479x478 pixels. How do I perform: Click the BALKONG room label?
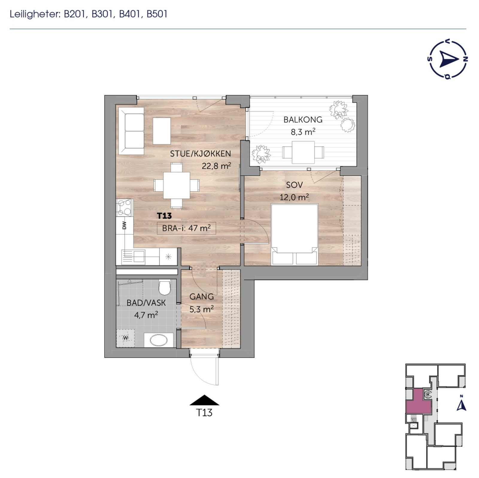pos(303,120)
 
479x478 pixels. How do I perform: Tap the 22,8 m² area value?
pos(216,166)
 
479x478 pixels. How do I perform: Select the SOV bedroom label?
pos(294,185)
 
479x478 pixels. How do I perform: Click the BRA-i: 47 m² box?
pos(186,228)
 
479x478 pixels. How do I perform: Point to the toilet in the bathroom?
pos(164,287)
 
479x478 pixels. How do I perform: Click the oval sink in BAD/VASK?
pos(158,340)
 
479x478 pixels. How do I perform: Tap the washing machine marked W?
pos(125,338)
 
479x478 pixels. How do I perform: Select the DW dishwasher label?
pos(124,225)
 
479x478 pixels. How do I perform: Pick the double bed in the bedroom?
pos(294,234)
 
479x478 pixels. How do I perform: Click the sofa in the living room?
pos(131,131)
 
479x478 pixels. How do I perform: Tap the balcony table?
pos(303,152)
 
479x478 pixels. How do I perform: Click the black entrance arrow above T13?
pos(204,400)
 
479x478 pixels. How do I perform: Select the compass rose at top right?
pos(448,60)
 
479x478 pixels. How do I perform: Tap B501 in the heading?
pos(157,14)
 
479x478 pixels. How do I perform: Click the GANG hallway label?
pos(201,297)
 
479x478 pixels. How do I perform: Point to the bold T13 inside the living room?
pos(164,216)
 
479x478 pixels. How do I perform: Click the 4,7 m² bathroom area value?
pos(146,315)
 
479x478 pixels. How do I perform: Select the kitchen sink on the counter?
pos(134,256)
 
